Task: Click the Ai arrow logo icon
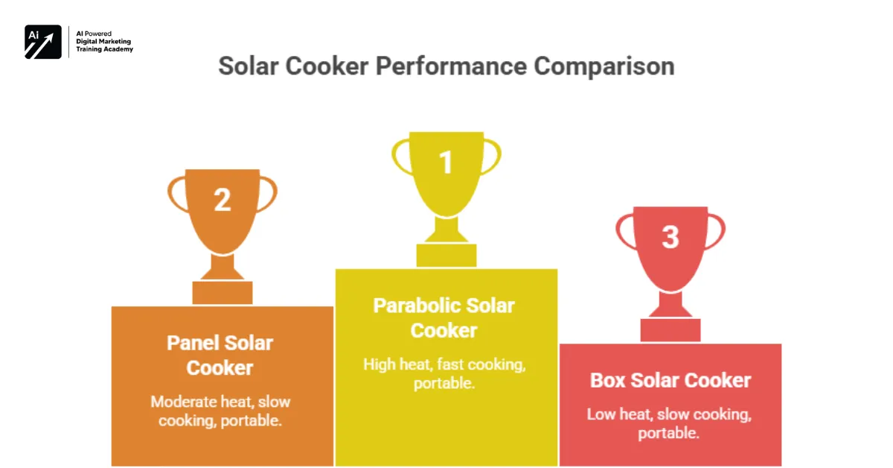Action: [43, 42]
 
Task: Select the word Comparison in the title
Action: [604, 66]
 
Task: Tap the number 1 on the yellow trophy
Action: [446, 162]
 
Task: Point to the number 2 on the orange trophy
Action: [222, 200]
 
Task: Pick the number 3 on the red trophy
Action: [670, 237]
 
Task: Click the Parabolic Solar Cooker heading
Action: [444, 317]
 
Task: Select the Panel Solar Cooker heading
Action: [220, 355]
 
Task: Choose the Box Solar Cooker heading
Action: [670, 380]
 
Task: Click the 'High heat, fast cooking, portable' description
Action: [444, 374]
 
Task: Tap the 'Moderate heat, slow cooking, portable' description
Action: [220, 411]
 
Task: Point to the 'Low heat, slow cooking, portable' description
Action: [669, 423]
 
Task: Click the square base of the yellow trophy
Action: [446, 255]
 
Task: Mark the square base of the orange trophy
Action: [222, 292]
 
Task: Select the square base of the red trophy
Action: [670, 329]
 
